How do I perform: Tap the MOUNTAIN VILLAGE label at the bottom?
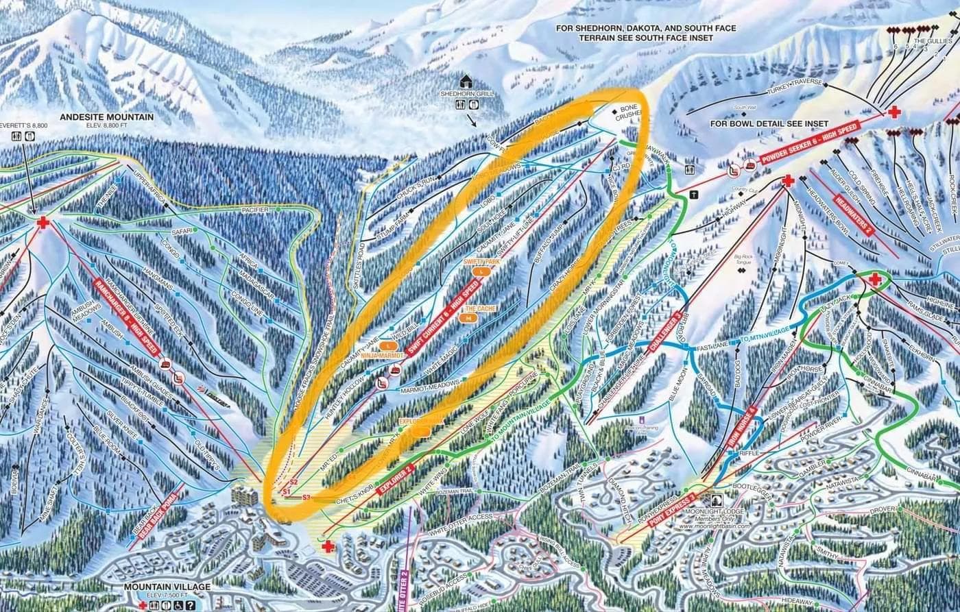coord(167,587)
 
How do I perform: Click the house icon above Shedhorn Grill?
coord(467,81)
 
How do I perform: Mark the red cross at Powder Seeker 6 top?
coord(894,112)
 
